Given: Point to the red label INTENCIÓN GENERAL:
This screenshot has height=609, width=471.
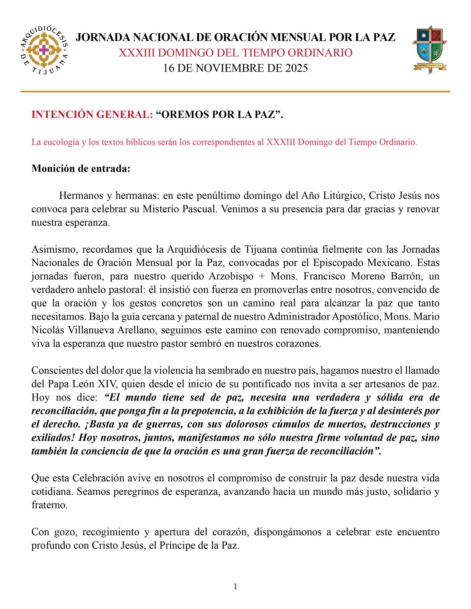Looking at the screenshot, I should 92,115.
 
